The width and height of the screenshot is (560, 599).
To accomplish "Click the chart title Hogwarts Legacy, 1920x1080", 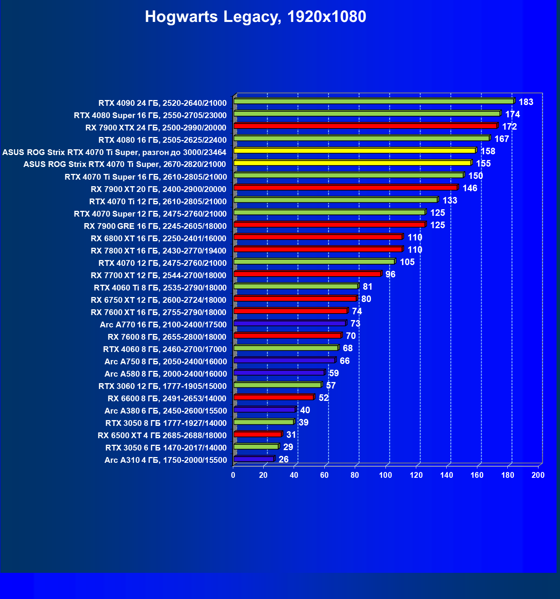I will point(255,17).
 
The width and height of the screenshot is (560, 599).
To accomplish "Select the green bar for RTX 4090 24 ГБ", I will point(373,101).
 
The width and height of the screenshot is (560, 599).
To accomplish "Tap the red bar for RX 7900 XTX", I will point(365,126).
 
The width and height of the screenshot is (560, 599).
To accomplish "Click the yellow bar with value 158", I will point(354,150).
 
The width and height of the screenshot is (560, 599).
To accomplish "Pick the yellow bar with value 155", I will point(352,163).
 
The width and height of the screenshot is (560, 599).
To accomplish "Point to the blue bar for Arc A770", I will point(290,323).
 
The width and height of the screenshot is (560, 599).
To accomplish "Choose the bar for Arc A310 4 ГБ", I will point(254,459).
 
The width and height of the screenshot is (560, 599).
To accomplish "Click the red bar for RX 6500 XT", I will point(258,434).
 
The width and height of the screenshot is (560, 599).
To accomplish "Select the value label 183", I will point(526,102).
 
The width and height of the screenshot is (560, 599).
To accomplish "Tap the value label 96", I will point(390,274).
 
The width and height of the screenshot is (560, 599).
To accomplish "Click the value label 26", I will point(283,459).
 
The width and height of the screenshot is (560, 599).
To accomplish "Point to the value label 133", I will point(450,200).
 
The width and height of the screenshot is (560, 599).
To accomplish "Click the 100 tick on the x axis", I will point(385,475).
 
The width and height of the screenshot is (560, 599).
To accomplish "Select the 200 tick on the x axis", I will point(538,475).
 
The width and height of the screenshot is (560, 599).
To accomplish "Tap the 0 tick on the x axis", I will point(233,475).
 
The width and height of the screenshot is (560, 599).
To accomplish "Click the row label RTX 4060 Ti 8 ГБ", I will point(160,287).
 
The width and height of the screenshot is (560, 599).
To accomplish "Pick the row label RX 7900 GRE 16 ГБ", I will point(155,226).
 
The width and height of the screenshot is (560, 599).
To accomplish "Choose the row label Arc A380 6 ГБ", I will point(165,410).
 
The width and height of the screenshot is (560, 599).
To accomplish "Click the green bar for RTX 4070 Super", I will point(329,212).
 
